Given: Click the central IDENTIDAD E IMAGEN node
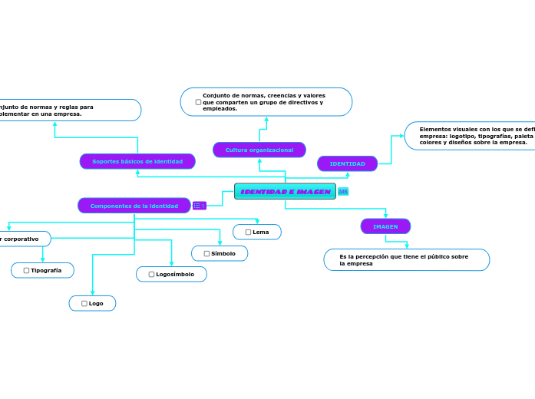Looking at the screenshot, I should [285, 191].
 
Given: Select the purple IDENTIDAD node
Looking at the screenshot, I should [347, 163].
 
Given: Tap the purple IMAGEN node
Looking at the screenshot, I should [385, 226].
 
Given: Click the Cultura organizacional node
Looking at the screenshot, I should [259, 150].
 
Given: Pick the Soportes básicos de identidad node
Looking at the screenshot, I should [137, 161].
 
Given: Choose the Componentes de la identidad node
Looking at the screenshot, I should [134, 206].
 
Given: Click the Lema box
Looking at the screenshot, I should [257, 232].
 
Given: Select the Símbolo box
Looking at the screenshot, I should [220, 253].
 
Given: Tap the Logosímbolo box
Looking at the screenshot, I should [171, 274].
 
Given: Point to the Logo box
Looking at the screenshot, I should [92, 303].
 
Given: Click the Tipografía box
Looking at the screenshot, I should [42, 270].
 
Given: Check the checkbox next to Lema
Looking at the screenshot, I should [248, 232].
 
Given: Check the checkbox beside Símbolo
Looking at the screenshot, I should [206, 253].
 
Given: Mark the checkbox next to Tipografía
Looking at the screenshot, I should [26, 270].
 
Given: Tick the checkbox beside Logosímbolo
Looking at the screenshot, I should [151, 274].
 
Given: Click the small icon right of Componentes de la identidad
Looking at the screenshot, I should [199, 206].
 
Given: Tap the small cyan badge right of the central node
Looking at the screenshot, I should [343, 191].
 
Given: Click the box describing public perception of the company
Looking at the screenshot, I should [406, 260].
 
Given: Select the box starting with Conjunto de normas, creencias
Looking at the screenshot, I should [266, 102].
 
